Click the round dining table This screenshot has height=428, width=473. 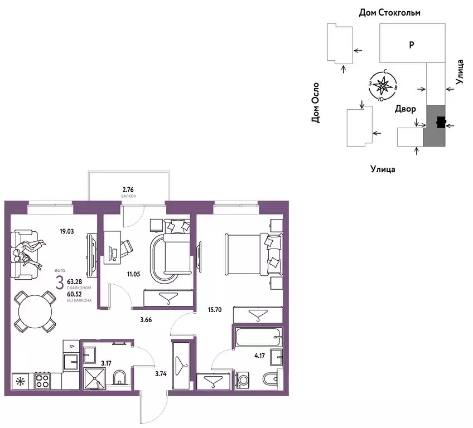[35, 312]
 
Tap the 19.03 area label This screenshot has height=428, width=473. [67, 231]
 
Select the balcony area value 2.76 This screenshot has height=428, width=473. [128, 189]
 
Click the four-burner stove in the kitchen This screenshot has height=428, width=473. [42, 381]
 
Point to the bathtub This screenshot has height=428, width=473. [259, 337]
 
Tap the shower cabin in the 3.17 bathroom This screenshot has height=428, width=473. [94, 379]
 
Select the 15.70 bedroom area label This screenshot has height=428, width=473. [215, 309]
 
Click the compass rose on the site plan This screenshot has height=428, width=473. [383, 85]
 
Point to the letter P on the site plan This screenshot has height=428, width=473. [412, 45]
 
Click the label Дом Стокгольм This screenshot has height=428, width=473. [389, 13]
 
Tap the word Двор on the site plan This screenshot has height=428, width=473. [406, 109]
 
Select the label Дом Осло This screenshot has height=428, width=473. [315, 103]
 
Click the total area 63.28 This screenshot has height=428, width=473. [75, 282]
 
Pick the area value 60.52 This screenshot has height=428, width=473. [75, 294]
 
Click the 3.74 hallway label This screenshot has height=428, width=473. [161, 374]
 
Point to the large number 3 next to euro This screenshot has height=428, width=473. [60, 283]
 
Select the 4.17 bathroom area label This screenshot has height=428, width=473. [259, 356]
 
